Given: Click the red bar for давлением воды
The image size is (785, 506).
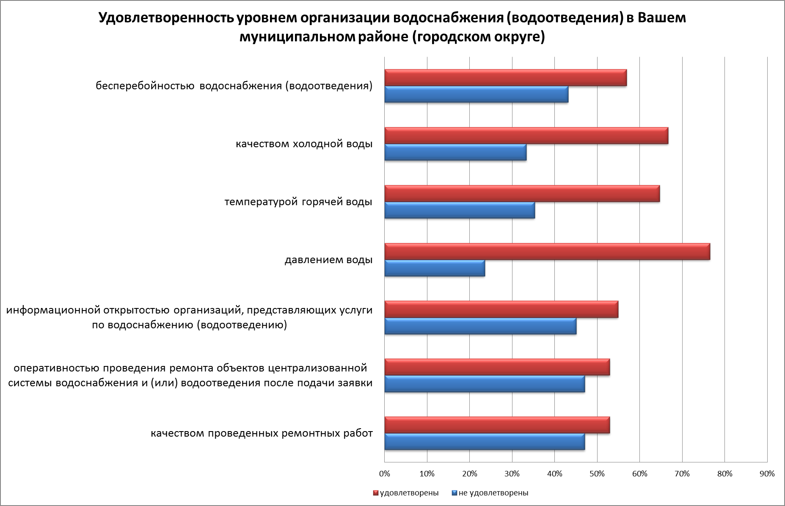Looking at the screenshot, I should [547, 252].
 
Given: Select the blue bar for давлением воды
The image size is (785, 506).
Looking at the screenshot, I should [435, 269].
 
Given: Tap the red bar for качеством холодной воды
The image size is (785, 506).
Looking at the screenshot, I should [526, 136].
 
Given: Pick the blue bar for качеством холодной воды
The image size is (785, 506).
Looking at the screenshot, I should [455, 152].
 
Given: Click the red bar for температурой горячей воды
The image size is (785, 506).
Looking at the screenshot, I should [522, 194].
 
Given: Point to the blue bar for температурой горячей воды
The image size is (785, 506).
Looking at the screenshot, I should [460, 210].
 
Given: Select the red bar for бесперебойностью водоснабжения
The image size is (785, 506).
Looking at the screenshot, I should [505, 78].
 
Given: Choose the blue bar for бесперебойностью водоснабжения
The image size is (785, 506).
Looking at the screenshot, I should [476, 94].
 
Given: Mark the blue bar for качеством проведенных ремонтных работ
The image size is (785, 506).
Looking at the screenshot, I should [485, 442].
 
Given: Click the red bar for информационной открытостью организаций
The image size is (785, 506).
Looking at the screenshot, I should [501, 309].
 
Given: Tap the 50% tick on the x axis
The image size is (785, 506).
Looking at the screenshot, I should [597, 474].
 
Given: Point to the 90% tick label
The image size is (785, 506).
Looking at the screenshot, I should [767, 474].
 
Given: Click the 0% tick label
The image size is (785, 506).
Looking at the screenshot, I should [384, 474].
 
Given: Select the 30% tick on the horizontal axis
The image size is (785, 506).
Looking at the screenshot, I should [512, 474].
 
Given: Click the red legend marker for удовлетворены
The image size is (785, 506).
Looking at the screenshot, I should [375, 493].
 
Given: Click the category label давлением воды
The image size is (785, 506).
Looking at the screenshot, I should [328, 260].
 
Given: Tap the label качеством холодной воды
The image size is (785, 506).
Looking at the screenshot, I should [304, 144].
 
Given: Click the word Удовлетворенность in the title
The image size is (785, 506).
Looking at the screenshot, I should [165, 19].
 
